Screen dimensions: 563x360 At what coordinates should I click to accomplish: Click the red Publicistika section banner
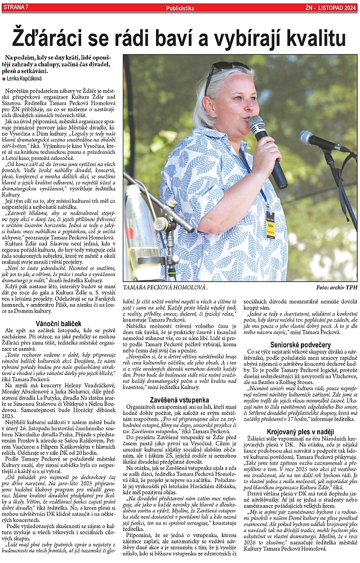pyautogui.click(x=180, y=7)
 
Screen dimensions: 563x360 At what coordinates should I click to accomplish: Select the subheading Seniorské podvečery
pyautogui.click(x=300, y=345)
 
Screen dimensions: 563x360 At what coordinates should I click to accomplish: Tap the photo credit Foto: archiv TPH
pyautogui.click(x=336, y=287)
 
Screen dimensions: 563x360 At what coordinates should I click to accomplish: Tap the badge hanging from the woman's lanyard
pyautogui.click(x=270, y=225)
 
